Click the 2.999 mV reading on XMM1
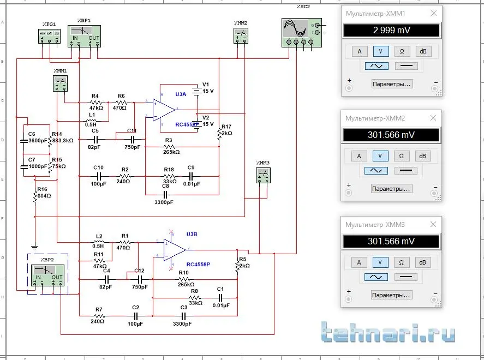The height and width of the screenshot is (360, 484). coord(391,31)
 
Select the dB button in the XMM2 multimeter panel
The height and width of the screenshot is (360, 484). coord(423,155)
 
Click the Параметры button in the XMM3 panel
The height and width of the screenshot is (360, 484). coord(392,295)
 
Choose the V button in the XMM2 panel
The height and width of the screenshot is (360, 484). coord(380,155)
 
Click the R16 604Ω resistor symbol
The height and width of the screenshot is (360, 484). coord(34,194)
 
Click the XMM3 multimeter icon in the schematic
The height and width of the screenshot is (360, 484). coord(263,176)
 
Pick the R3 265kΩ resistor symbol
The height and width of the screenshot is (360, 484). coord(169,147)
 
